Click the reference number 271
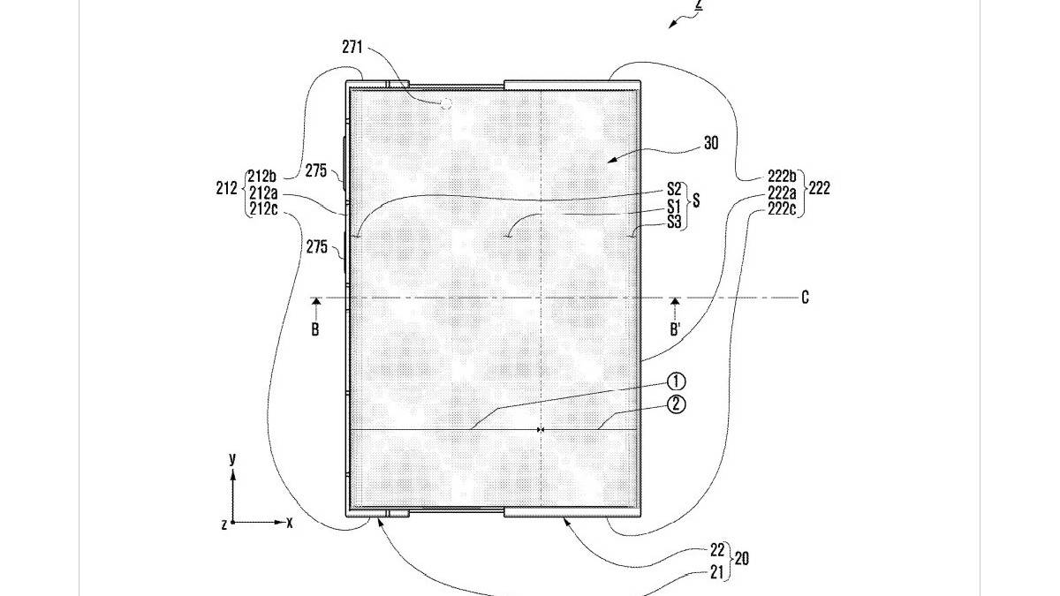[x=352, y=48]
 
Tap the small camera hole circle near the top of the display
[x=446, y=103]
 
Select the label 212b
[x=261, y=176]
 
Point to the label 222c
[x=782, y=208]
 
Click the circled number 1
[x=677, y=381]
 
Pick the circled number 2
[x=677, y=404]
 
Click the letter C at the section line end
[x=805, y=298]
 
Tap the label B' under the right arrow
[x=675, y=329]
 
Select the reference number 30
[x=711, y=143]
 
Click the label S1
[x=674, y=207]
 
